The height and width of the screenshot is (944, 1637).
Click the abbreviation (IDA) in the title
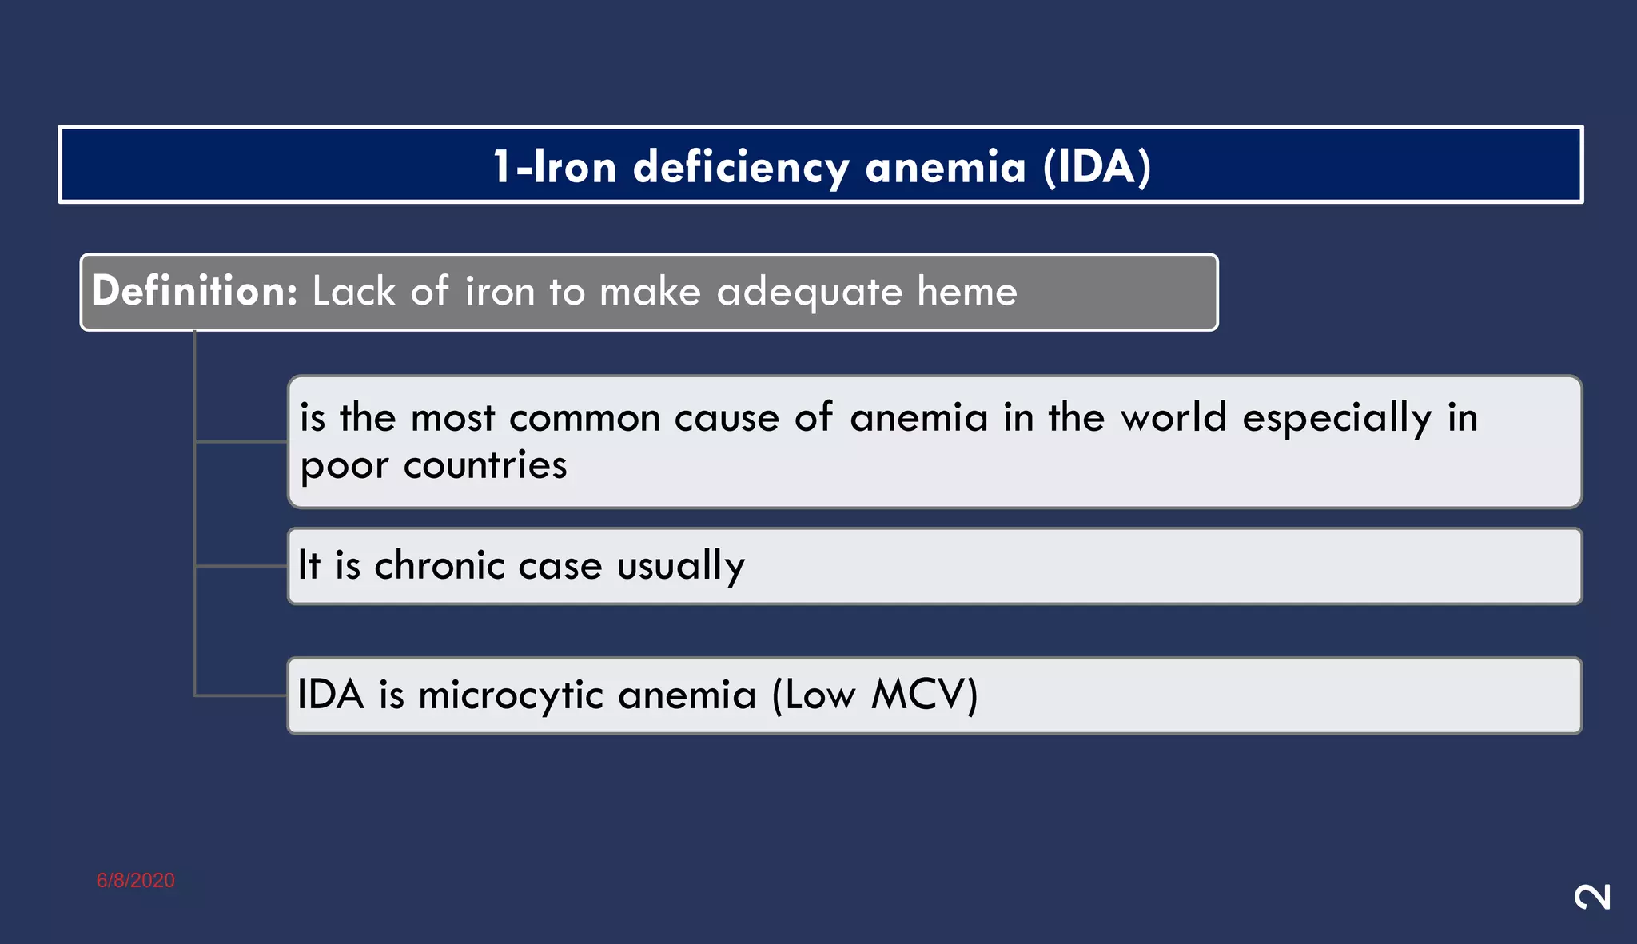(x=1097, y=167)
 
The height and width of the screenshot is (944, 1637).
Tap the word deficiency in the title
(x=741, y=169)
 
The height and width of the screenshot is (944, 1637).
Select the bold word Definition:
(x=194, y=290)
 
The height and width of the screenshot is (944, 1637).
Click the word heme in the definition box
(x=967, y=291)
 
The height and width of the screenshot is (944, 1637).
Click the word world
(x=1173, y=417)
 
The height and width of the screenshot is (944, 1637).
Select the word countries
(x=485, y=465)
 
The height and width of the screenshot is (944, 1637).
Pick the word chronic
(x=440, y=565)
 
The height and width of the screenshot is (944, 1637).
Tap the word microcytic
(x=511, y=695)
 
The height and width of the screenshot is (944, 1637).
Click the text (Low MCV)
(x=874, y=695)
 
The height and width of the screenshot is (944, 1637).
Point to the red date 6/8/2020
(x=136, y=880)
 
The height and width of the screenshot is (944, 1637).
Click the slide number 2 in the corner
(x=1592, y=897)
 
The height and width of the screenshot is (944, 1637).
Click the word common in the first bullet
(x=584, y=418)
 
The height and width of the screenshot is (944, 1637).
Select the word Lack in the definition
(x=353, y=291)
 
